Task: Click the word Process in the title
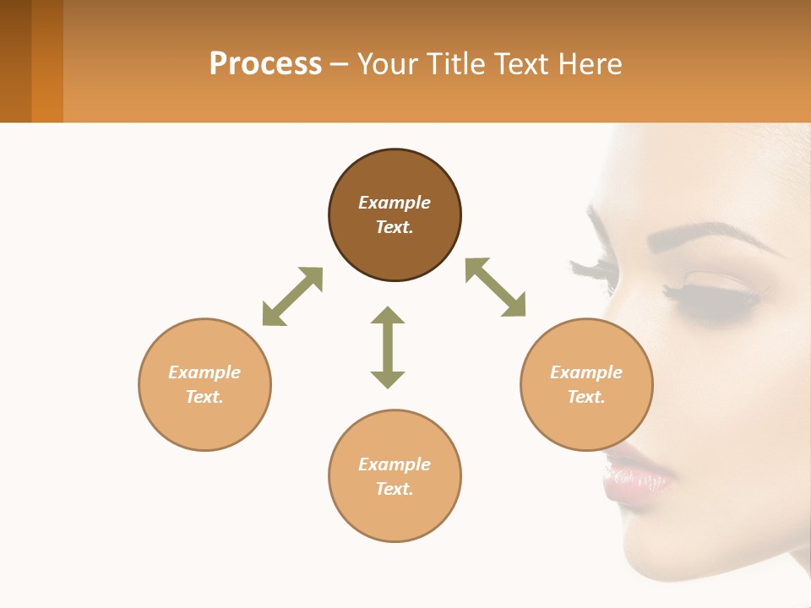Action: pos(265,64)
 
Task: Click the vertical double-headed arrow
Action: pos(388,347)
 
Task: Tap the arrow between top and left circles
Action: pos(292,296)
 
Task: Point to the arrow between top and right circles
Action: pos(495,287)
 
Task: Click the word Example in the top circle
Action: pos(395,203)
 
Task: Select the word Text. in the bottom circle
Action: pos(395,489)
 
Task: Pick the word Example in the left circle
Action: pos(204,372)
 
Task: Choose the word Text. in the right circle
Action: pos(586,397)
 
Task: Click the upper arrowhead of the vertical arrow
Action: pos(388,316)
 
